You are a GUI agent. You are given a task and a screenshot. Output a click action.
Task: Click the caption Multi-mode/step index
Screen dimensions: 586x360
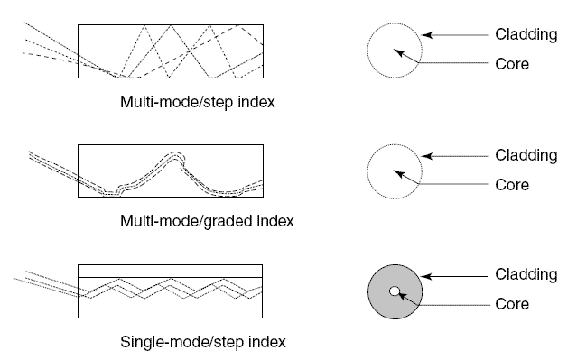click(198, 102)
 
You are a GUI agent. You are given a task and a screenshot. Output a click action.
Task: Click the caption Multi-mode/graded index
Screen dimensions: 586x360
click(207, 221)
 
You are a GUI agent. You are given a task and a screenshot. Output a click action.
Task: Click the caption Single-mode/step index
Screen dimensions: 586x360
click(203, 342)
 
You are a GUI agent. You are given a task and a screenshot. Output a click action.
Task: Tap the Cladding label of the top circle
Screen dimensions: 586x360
click(526, 34)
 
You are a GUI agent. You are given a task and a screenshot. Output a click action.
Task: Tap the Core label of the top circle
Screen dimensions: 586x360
click(512, 64)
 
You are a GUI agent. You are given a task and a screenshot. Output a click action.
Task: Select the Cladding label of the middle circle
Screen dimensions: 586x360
click(526, 155)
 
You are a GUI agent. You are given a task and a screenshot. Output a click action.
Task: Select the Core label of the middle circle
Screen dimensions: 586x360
click(512, 184)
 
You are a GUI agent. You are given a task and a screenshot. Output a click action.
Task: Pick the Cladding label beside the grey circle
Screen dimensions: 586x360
click(526, 274)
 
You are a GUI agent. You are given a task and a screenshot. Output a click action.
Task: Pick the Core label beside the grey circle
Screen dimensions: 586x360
click(512, 304)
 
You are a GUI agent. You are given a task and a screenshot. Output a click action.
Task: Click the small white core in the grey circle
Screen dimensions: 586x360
click(395, 291)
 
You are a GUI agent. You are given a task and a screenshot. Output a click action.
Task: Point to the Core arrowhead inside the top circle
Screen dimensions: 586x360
click(398, 52)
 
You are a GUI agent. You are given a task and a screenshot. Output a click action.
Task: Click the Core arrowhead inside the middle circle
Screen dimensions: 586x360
click(398, 173)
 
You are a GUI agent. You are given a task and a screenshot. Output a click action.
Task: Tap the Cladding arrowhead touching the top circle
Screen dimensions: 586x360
click(427, 35)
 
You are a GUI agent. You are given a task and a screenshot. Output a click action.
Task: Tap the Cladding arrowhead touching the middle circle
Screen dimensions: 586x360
click(427, 156)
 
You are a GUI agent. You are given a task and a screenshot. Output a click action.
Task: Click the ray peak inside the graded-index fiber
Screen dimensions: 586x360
click(174, 154)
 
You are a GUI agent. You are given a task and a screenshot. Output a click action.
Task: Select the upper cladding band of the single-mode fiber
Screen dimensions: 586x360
click(170, 271)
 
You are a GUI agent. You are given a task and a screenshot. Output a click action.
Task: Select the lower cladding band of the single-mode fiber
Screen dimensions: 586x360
click(170, 309)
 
